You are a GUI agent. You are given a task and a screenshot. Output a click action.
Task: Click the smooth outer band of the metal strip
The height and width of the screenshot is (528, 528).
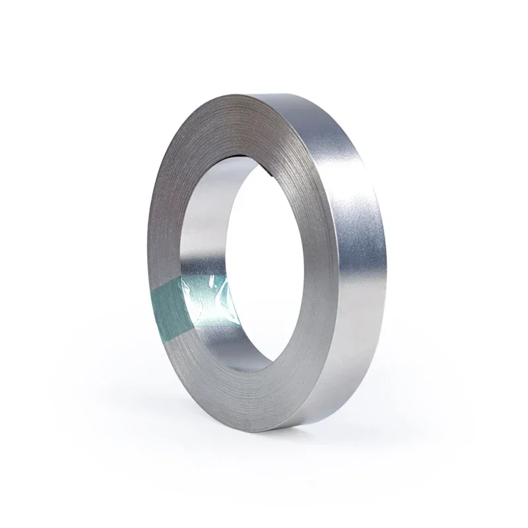[x=360, y=264]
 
